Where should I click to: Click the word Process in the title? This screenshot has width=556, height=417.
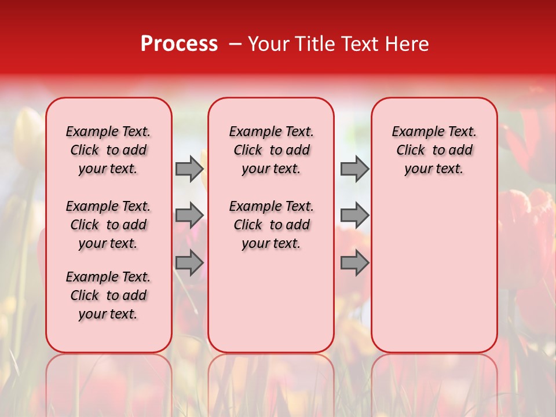[x=179, y=43]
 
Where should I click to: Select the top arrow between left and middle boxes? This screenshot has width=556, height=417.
[x=189, y=169]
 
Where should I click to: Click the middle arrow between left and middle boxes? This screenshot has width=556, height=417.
[x=189, y=215]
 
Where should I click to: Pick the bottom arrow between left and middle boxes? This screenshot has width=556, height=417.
[x=189, y=262]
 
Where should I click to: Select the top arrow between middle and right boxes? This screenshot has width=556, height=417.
[x=354, y=169]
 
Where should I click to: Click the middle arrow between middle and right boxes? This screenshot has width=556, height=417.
[x=354, y=215]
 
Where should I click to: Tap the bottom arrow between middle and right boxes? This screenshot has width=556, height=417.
[x=354, y=262]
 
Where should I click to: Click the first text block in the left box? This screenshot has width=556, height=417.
[x=108, y=150]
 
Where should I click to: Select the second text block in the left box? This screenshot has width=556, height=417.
[x=108, y=225]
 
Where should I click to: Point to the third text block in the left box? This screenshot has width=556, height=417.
[x=108, y=295]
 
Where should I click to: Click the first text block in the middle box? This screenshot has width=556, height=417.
[x=271, y=150]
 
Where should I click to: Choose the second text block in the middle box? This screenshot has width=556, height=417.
[x=271, y=225]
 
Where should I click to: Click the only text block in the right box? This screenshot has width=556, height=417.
[x=434, y=150]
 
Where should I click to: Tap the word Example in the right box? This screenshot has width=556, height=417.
[x=414, y=132]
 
